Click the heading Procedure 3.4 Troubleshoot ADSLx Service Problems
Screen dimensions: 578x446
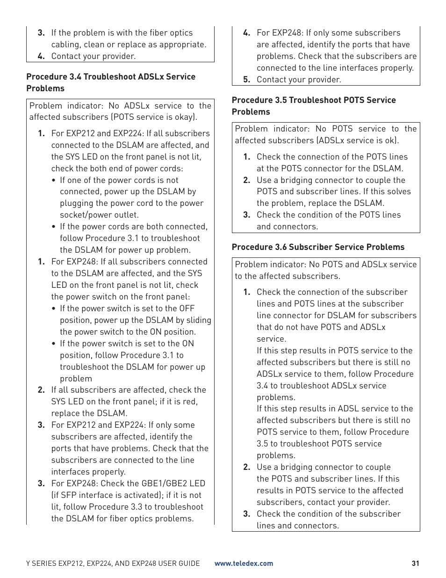111,77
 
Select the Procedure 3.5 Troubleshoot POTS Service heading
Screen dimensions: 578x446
314,100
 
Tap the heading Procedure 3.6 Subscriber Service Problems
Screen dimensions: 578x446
318,247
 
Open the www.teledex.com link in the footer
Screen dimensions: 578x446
244,563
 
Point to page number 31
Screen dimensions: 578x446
415,563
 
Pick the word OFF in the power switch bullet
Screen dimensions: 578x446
187,308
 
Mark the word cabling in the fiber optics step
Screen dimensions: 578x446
65,44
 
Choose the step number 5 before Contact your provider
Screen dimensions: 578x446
246,80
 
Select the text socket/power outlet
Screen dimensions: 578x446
99,215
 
